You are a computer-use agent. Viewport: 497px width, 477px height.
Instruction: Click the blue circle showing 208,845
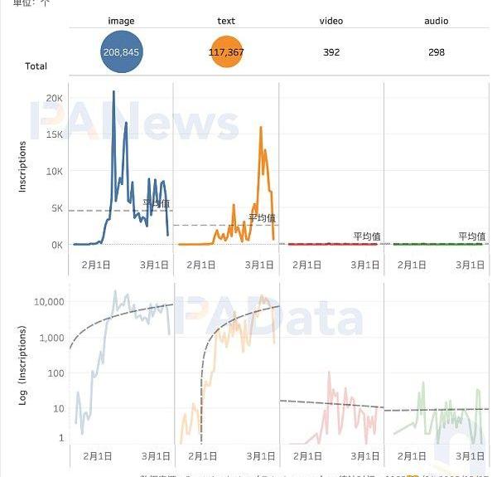(121, 52)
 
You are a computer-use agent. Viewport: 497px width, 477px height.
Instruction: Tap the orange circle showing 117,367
(227, 52)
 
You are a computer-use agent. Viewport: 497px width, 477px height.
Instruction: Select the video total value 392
(331, 52)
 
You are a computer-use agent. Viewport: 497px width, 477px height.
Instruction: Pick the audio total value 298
(437, 52)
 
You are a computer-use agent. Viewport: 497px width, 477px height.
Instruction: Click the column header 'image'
(121, 21)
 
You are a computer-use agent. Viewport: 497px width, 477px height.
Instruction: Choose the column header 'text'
(227, 21)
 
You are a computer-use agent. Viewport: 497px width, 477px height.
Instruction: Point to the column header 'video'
(331, 21)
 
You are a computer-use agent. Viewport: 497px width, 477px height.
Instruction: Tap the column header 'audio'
(437, 21)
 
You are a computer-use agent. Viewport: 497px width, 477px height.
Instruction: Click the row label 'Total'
(36, 66)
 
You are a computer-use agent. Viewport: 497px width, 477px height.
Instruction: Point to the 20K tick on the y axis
(55, 98)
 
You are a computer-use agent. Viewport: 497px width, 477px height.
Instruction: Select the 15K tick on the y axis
(55, 134)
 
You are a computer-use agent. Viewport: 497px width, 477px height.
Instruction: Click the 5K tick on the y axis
(56, 208)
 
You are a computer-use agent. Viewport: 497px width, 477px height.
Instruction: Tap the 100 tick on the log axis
(55, 372)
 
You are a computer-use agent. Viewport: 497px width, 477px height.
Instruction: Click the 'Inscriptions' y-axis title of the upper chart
(22, 167)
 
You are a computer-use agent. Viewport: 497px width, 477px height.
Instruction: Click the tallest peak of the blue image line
(113, 91)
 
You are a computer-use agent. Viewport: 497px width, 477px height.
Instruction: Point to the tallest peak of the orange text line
(261, 128)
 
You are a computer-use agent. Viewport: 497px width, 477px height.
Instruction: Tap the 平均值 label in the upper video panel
(367, 236)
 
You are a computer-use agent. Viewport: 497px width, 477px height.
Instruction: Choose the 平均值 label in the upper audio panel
(472, 236)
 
